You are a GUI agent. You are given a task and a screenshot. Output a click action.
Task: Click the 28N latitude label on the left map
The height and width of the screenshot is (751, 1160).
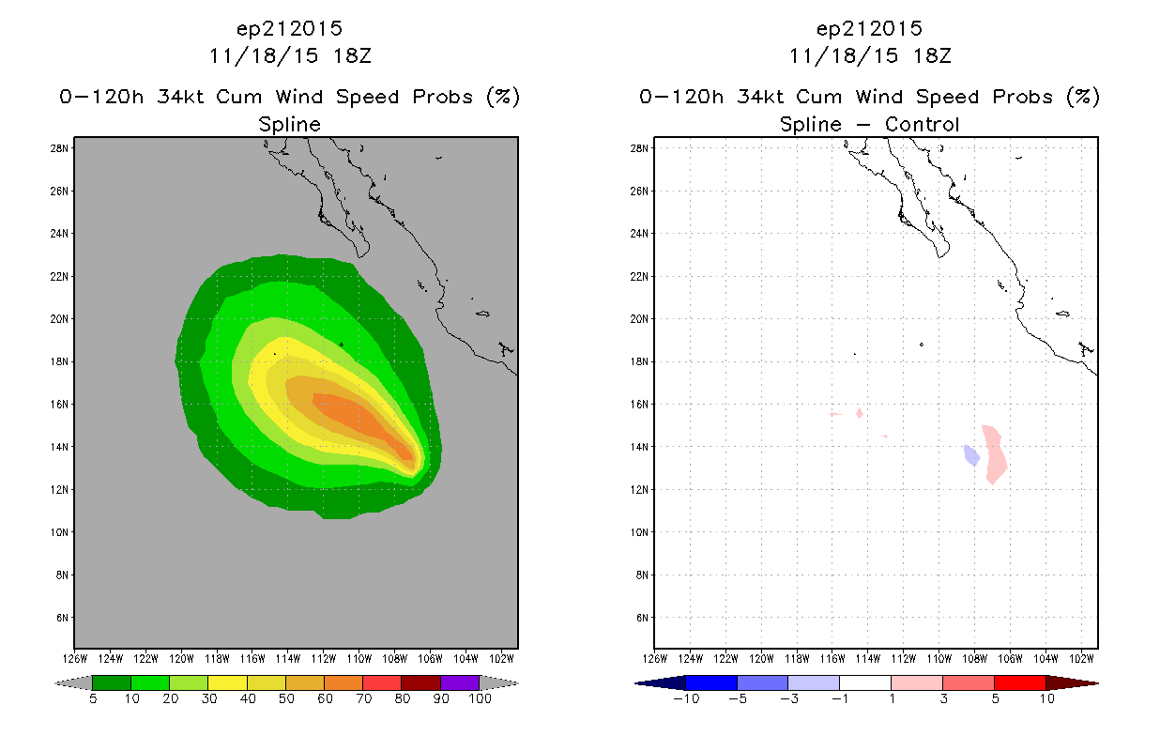point(59,148)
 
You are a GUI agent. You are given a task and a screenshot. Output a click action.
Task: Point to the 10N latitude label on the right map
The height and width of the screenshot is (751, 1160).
point(639,532)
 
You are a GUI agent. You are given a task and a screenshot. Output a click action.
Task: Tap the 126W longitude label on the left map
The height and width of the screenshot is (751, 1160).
point(75,659)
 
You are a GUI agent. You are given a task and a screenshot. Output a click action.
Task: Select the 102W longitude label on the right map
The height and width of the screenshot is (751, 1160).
point(1082,659)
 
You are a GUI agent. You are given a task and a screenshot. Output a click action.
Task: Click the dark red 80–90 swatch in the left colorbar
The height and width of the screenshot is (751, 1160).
point(421,682)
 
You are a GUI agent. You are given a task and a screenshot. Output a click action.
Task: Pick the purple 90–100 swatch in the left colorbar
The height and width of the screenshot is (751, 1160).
point(460,682)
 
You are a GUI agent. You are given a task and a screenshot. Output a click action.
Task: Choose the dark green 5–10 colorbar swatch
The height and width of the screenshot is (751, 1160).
point(112,682)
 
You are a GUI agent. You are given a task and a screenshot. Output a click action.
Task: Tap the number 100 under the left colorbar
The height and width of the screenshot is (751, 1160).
point(480,699)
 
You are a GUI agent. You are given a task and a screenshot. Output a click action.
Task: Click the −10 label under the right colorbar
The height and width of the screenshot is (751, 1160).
point(686,699)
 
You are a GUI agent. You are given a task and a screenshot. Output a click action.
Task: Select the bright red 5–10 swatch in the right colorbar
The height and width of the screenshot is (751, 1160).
point(1020,682)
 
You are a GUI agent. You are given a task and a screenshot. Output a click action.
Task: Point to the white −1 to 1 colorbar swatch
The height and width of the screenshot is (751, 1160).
point(865,682)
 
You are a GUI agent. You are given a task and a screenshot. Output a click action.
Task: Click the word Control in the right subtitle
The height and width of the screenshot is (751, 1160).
point(922,125)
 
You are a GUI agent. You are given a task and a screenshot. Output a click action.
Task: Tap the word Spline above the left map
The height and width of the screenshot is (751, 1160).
point(289,125)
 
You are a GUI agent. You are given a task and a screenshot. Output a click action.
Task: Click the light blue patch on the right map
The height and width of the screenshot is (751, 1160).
point(971,455)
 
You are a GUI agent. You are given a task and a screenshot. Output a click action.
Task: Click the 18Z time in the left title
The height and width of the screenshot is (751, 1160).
point(352,56)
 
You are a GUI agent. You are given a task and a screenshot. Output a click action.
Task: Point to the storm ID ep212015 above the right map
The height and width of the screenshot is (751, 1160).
point(869,29)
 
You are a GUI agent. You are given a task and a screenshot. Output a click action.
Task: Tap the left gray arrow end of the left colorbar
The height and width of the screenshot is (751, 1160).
point(73,683)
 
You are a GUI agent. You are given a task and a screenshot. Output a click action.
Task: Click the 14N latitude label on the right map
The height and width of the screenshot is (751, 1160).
point(639,447)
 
